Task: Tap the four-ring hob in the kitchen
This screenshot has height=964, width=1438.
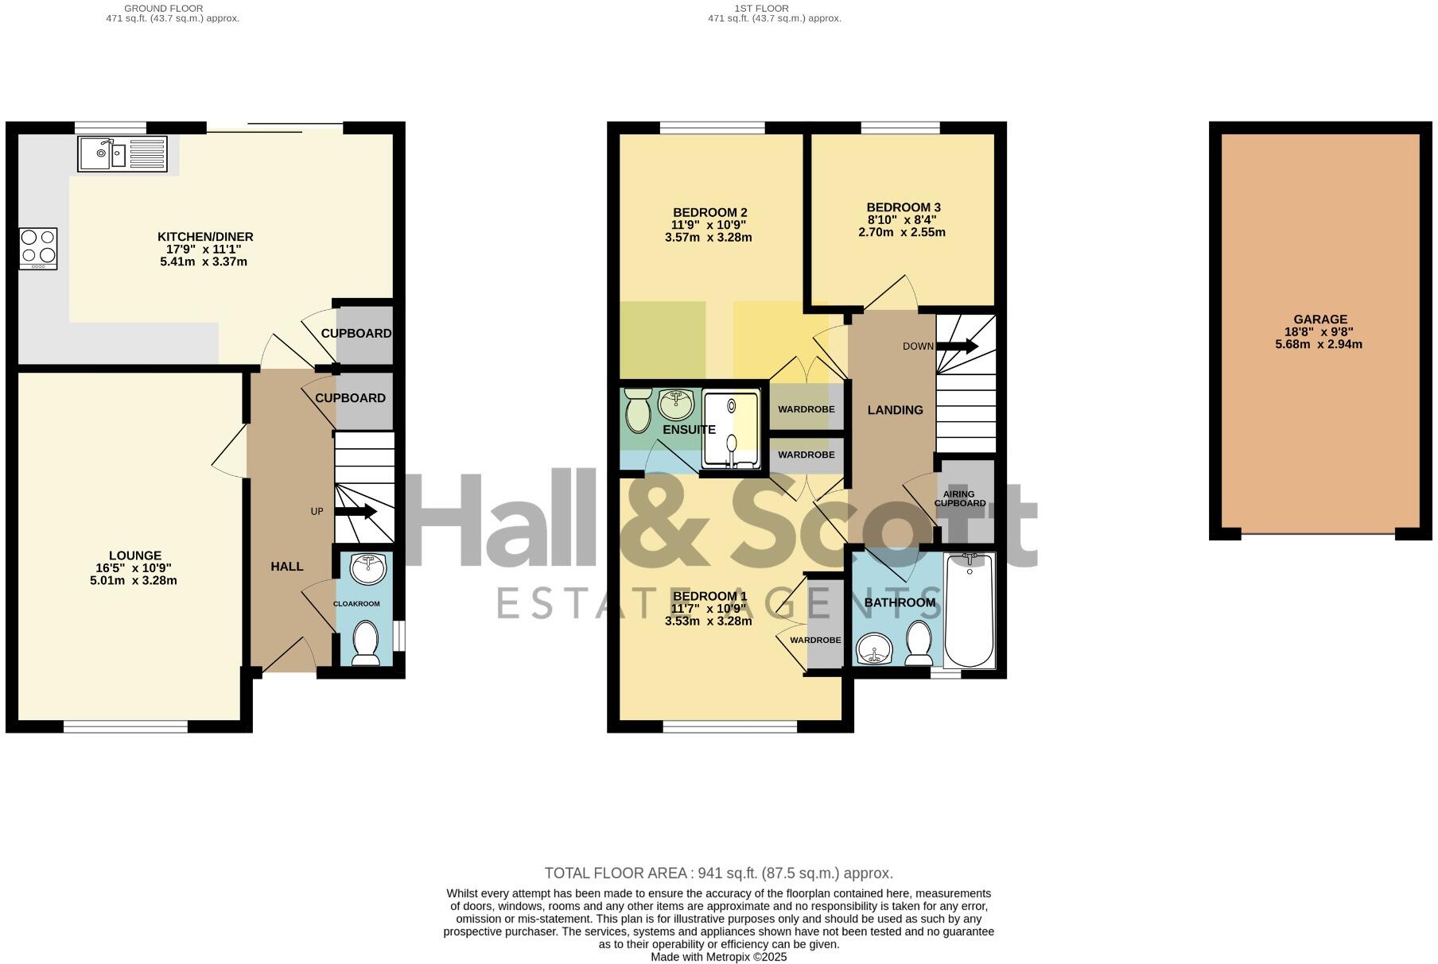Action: (x=38, y=247)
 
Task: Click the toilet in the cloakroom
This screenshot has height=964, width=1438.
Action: (x=365, y=642)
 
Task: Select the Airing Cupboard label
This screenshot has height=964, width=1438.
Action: (x=959, y=498)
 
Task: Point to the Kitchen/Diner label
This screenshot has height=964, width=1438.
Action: (x=205, y=237)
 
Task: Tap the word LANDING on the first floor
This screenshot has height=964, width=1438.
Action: (x=895, y=410)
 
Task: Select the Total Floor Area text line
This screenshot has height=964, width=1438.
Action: (x=718, y=873)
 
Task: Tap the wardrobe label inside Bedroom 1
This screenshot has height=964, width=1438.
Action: (x=815, y=640)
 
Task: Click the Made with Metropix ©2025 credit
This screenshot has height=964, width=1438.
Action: (x=718, y=957)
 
